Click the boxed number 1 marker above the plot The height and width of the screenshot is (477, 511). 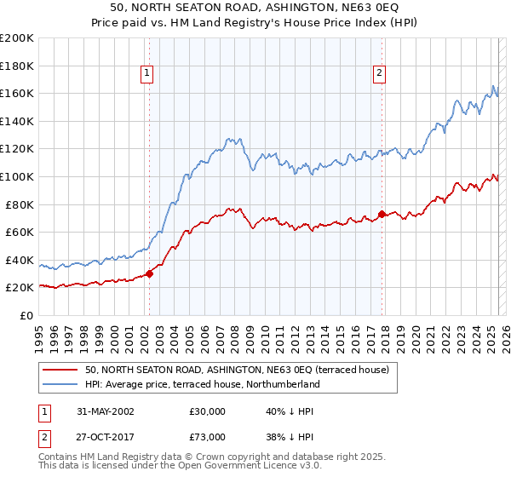(148, 73)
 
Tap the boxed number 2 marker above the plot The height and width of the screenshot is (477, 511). (379, 73)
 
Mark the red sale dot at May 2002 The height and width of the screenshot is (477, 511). (149, 273)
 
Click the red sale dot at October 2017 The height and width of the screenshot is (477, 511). (382, 214)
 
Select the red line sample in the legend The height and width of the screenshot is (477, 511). (60, 370)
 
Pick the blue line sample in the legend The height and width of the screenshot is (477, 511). (60, 384)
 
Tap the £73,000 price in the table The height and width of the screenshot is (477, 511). (207, 436)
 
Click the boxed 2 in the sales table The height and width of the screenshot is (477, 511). (43, 436)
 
